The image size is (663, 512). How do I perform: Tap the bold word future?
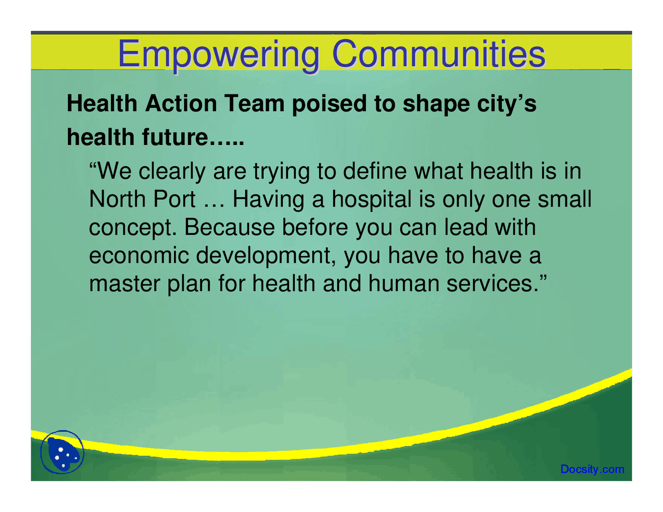coord(172,137)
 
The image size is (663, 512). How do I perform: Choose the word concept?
coord(133,228)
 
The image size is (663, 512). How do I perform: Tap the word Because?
coord(229,228)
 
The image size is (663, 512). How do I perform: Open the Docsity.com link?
coord(592,470)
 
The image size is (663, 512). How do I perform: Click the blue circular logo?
coord(62,452)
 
